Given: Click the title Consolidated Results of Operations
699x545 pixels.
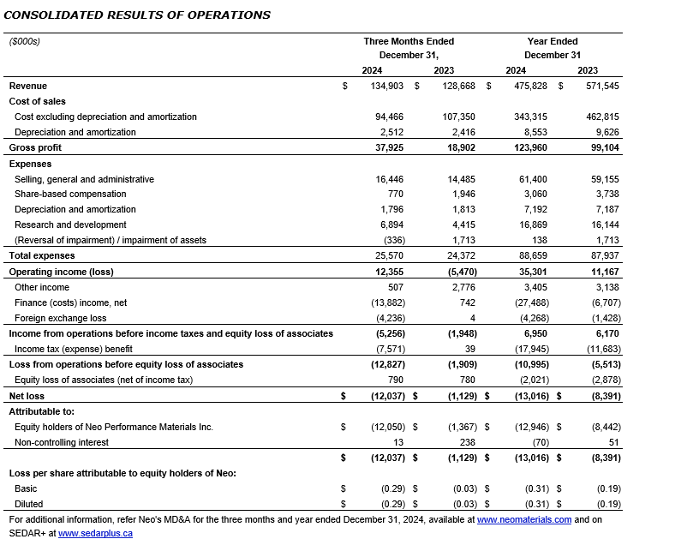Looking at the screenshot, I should click(x=139, y=15).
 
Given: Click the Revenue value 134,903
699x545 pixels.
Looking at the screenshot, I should click(x=387, y=86).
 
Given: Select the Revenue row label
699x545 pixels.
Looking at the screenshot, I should click(x=28, y=86).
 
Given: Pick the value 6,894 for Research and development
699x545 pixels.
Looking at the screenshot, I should click(x=391, y=225).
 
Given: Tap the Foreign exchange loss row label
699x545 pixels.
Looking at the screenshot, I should click(x=61, y=317).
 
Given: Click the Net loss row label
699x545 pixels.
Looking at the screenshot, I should click(x=27, y=396).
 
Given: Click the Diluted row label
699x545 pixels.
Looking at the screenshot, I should click(x=28, y=504).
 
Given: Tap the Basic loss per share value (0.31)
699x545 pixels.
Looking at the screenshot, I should click(x=535, y=488).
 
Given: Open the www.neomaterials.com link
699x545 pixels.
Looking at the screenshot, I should click(x=523, y=519).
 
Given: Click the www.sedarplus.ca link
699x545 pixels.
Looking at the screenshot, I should click(x=95, y=533).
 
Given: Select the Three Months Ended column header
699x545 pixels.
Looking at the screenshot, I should click(x=409, y=41).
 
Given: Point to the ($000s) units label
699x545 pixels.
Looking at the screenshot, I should click(x=25, y=41).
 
